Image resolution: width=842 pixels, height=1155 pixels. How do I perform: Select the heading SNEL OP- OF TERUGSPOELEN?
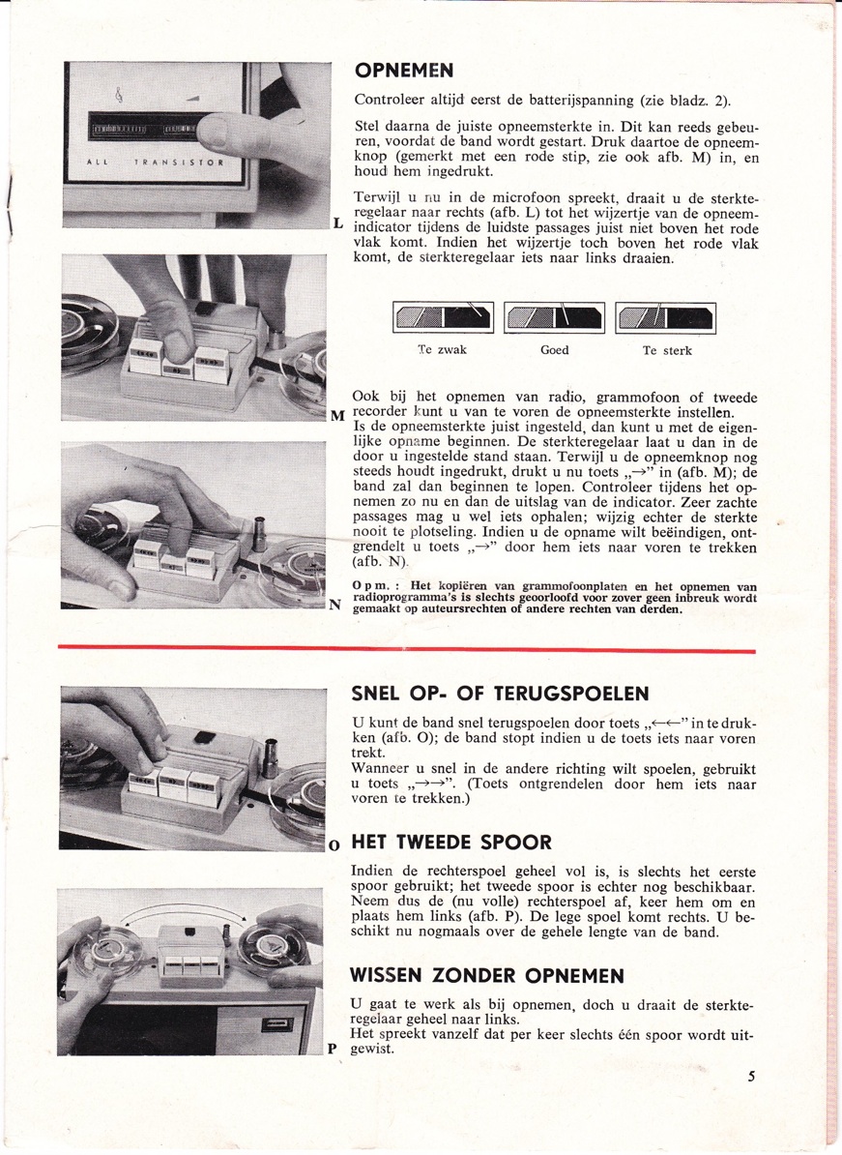499,694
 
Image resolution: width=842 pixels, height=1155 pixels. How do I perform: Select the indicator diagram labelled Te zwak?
443,316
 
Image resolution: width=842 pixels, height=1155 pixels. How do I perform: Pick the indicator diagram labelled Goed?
553,316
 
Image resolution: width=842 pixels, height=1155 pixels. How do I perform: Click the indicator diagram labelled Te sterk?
666,316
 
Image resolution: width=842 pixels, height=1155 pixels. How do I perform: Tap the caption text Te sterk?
666,350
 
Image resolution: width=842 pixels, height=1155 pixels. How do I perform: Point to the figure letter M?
337,417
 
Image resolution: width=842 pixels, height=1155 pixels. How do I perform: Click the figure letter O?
334,844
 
